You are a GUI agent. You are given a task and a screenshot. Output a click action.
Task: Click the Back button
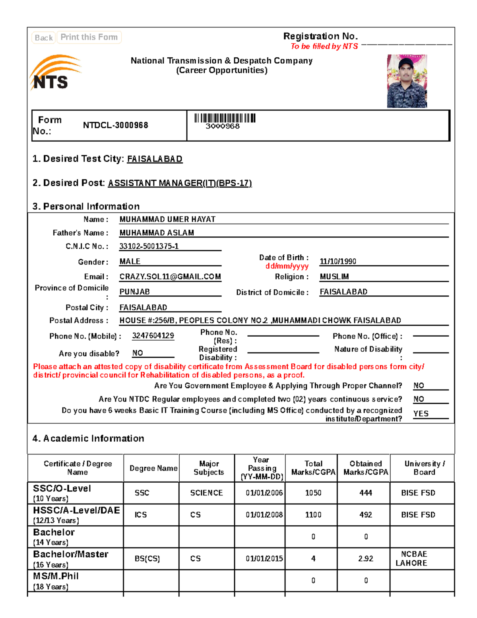click(43, 38)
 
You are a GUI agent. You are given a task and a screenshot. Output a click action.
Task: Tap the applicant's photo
click(407, 81)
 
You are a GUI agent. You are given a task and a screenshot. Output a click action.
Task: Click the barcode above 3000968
click(225, 118)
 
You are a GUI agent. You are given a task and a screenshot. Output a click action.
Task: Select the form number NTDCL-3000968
click(115, 125)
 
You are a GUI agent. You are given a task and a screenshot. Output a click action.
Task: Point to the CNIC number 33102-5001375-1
click(149, 246)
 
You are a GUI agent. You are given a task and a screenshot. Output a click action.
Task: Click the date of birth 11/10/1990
click(338, 261)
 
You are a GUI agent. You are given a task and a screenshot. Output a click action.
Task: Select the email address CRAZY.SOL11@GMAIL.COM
click(170, 277)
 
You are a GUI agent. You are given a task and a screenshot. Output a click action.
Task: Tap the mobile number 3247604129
click(153, 336)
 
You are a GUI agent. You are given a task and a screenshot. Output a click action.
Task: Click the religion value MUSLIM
click(334, 277)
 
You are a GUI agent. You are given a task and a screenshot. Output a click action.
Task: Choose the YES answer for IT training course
click(421, 414)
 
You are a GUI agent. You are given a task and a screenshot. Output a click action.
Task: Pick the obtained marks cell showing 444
click(365, 493)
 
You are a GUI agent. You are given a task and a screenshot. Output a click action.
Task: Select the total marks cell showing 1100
click(313, 515)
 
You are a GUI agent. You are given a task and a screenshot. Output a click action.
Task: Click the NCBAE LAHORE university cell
click(413, 559)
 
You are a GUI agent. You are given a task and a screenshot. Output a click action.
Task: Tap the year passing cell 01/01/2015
click(264, 559)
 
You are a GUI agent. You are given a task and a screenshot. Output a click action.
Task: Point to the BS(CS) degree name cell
click(147, 559)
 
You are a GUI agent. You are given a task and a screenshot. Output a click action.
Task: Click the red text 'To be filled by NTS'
click(324, 47)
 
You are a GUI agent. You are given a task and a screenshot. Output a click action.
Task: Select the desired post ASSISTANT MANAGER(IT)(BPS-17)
click(180, 183)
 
